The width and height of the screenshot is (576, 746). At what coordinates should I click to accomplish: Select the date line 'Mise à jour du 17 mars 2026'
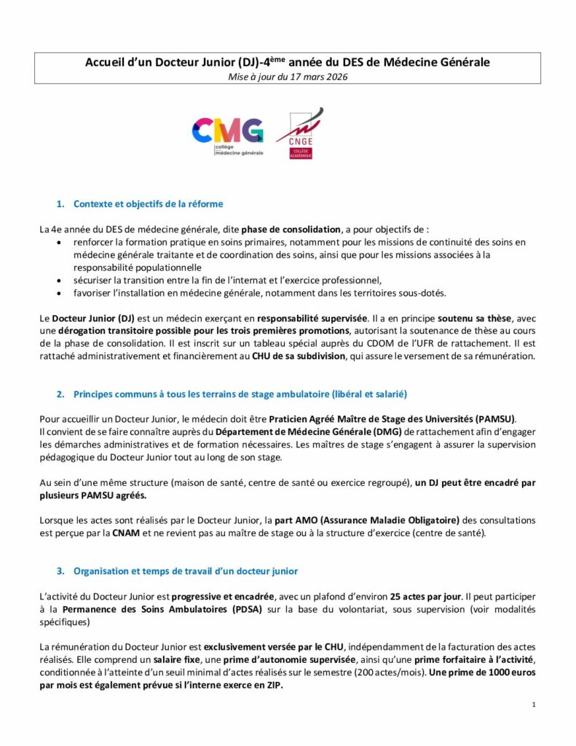(288, 76)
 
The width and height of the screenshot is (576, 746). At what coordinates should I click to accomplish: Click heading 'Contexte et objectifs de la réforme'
(148, 203)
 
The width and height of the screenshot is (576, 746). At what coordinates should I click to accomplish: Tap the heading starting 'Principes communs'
(240, 393)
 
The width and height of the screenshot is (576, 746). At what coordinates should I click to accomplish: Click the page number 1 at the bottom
(534, 704)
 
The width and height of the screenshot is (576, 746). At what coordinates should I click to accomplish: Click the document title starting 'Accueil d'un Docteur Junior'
(288, 63)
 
